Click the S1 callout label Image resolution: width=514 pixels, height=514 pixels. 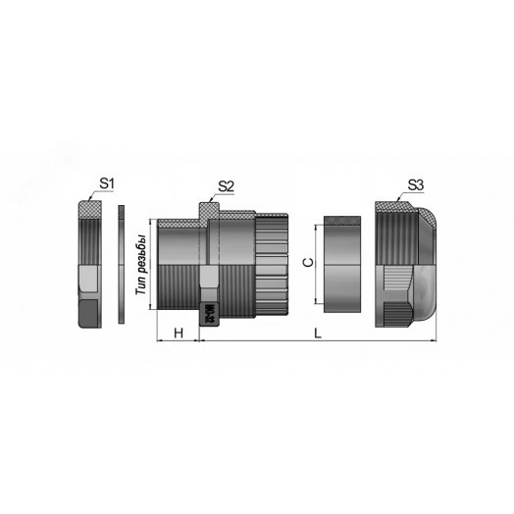click(x=108, y=182)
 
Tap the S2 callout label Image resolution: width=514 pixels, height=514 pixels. click(x=225, y=184)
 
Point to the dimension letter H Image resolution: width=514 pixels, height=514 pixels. click(x=178, y=333)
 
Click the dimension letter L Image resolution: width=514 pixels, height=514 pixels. click(x=319, y=334)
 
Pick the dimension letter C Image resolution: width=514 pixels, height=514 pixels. click(x=306, y=263)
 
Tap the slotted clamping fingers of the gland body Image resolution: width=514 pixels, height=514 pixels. click(x=273, y=267)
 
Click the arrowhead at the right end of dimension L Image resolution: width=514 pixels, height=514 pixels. click(x=436, y=341)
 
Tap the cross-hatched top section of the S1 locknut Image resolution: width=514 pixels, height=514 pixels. click(x=90, y=208)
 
